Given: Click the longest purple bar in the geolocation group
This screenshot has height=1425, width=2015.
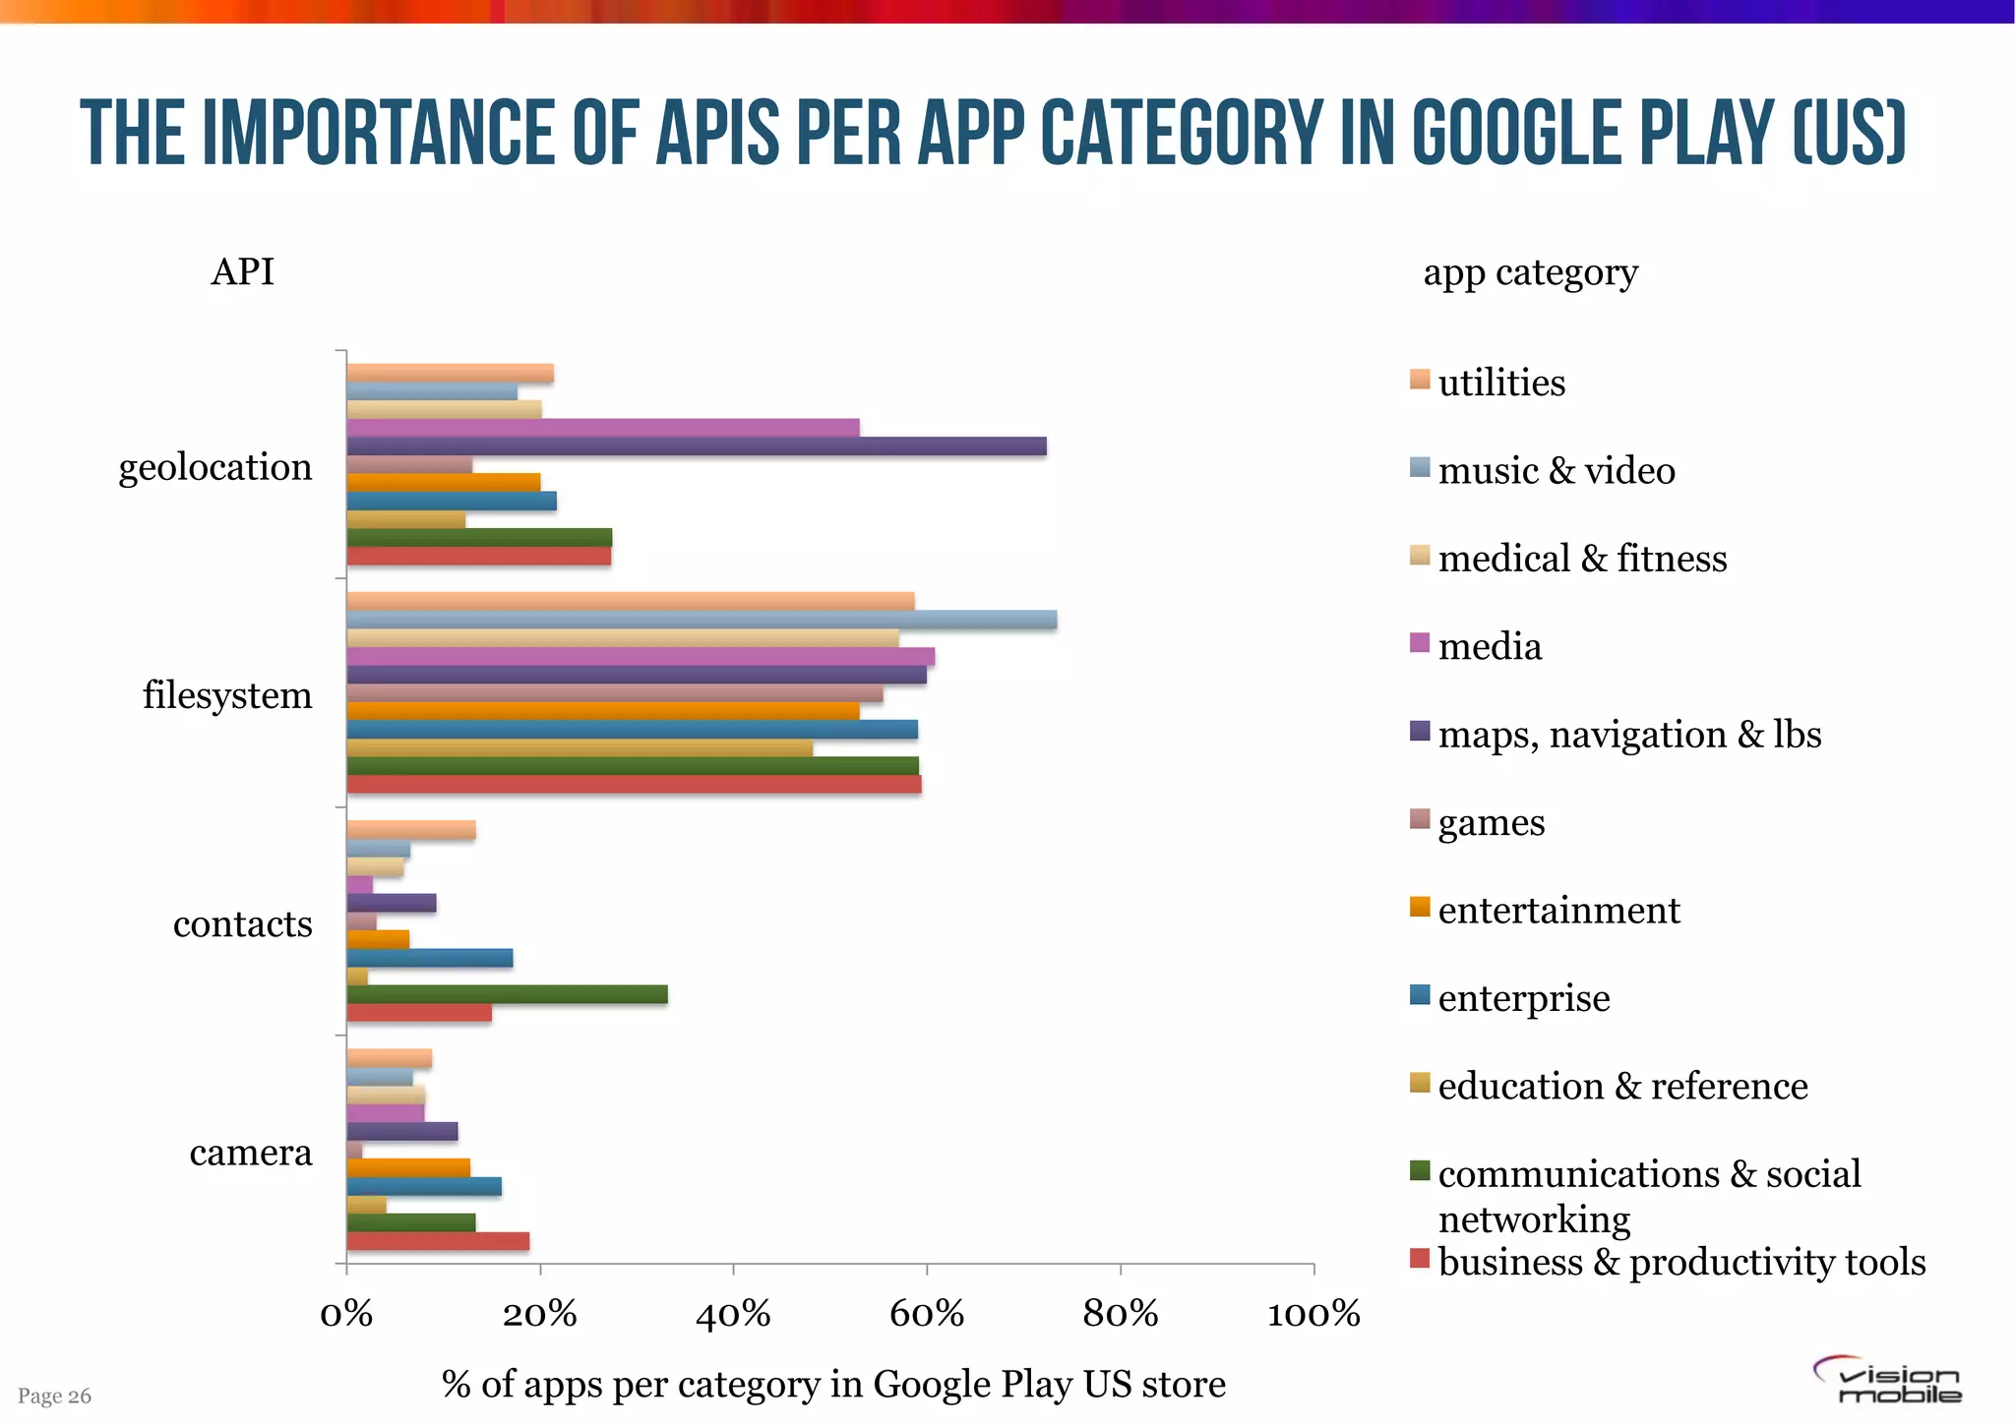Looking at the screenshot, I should (696, 446).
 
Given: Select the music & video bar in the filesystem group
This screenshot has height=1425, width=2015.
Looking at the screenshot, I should (702, 620).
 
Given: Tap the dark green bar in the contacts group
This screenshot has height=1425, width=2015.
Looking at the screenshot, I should (507, 994).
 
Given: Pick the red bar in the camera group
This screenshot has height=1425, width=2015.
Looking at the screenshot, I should (438, 1241).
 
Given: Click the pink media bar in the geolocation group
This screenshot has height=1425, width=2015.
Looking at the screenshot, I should (602, 428).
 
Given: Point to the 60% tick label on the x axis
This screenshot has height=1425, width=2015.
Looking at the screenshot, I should (926, 1314).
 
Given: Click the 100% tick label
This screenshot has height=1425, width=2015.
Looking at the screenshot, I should (1313, 1314).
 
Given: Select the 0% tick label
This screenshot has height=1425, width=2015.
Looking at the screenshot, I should (346, 1314).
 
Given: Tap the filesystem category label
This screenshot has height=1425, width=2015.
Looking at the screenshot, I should (227, 695).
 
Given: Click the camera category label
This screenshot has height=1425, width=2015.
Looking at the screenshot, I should (250, 1152).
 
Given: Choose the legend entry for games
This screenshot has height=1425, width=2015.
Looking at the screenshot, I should (1491, 822).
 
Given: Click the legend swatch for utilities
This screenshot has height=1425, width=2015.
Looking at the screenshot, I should (1419, 380).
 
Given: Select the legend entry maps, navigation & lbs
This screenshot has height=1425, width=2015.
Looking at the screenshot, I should (1628, 735).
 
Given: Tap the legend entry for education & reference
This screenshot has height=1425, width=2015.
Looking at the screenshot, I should (1621, 1086).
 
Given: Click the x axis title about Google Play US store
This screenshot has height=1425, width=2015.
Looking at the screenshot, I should (833, 1384).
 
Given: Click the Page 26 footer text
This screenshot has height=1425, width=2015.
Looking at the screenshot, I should (54, 1395).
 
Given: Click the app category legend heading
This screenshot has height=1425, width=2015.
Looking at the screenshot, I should (1530, 272).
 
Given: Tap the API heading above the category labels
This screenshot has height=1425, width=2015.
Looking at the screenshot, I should (242, 271).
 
